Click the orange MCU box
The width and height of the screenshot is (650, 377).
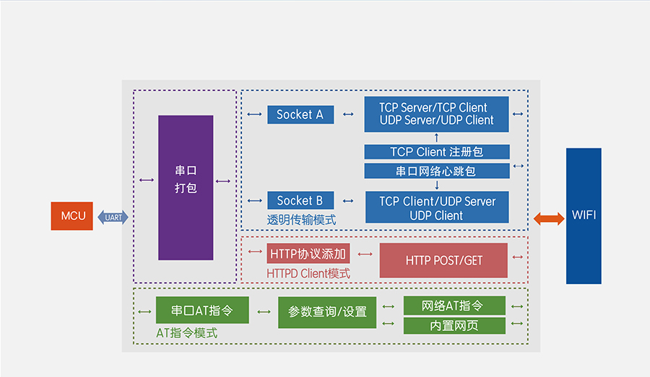pos(71,216)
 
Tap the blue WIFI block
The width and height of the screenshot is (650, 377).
pos(584,216)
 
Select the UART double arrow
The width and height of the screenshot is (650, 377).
pos(113,217)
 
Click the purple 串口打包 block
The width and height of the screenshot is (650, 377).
pos(186,187)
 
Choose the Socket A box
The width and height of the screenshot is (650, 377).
pos(300,115)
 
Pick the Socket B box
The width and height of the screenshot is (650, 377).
pos(300,200)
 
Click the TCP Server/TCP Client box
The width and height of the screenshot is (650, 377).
pos(436,114)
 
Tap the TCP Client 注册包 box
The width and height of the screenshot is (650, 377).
pos(436,152)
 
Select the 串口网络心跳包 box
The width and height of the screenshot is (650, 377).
pos(436,172)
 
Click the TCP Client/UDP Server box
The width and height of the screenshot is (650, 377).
pos(436,208)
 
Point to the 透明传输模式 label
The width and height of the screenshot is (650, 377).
pos(301,220)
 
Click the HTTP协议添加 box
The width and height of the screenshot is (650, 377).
pos(308,254)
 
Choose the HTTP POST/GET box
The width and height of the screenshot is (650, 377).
pos(443,260)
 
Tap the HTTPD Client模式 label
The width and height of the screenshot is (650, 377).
pos(308,273)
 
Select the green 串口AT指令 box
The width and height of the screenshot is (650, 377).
pos(202,311)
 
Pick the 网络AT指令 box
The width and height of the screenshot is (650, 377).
pos(454,306)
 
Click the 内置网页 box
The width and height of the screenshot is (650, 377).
pos(454,326)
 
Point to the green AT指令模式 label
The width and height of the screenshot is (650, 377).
pos(187,334)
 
